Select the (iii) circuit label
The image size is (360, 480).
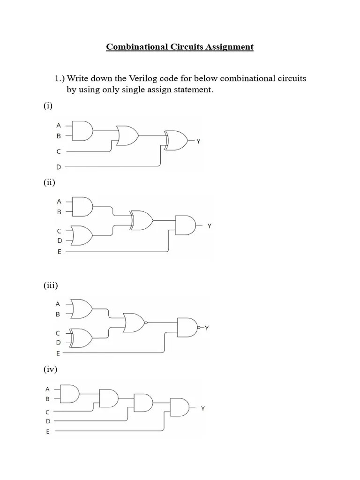(50, 285)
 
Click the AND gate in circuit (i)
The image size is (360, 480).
(83, 130)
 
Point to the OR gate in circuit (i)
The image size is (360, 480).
(127, 136)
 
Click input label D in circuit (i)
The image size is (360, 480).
(59, 166)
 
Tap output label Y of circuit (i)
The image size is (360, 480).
(199, 141)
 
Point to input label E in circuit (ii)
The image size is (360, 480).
(59, 252)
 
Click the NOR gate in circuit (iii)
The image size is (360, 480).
(135, 322)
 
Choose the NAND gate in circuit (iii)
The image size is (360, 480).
(188, 327)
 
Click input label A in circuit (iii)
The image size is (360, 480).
(59, 304)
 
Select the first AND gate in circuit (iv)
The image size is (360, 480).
(70, 394)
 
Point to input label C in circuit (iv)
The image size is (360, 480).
(47, 412)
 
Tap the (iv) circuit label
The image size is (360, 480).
(50, 370)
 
